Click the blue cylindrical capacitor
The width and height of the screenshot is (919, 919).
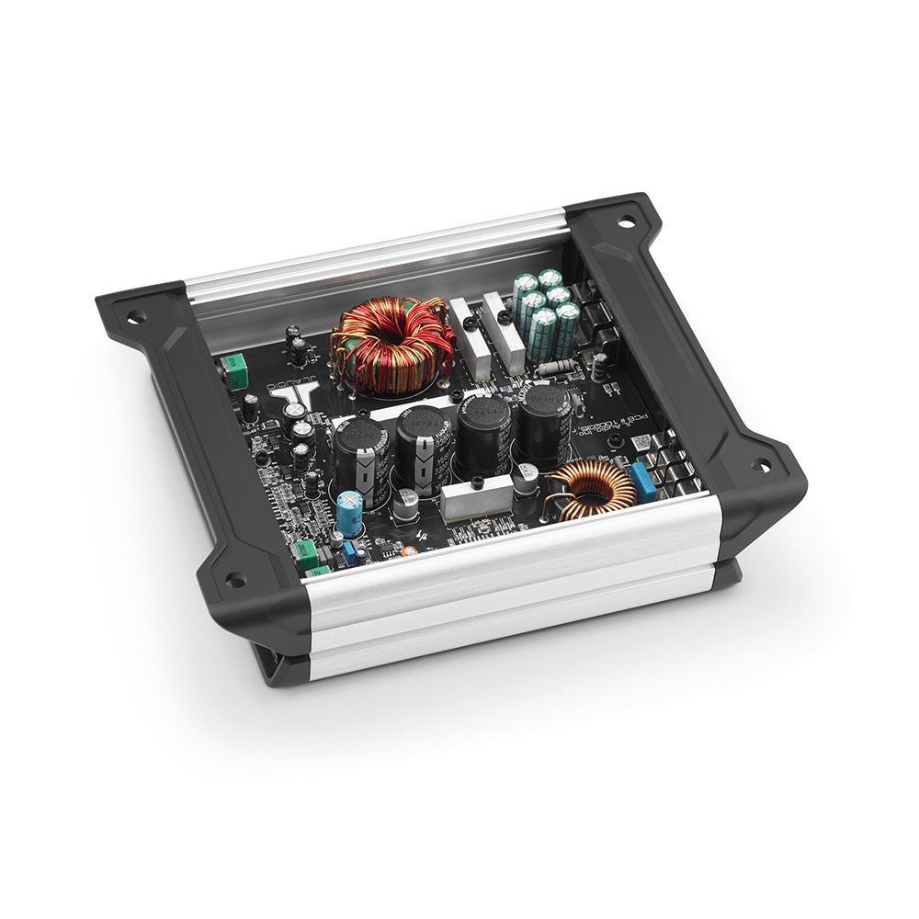348,513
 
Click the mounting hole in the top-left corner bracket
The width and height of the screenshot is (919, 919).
136,318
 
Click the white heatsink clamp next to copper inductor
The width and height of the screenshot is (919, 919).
473,500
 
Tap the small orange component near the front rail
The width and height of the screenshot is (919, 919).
410,550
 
